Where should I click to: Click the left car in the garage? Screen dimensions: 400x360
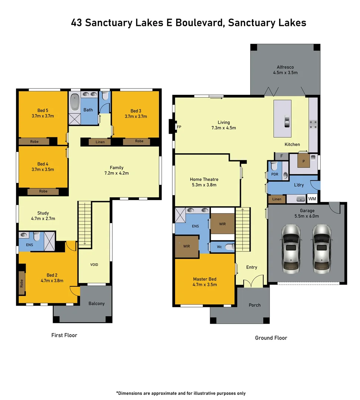pos(290,247)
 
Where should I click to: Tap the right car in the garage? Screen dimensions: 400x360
pos(321,247)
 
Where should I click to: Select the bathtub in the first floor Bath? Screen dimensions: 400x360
pos(75,102)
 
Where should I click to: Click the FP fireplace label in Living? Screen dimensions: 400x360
pos(179,127)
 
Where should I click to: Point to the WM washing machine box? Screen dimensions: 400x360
pos(312,199)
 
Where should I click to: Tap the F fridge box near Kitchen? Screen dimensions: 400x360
pos(281,156)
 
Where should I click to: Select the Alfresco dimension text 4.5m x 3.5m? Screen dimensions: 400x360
pos(285,73)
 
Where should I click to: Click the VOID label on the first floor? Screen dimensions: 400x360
pos(94,264)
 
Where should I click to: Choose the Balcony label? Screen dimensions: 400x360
pos(96,303)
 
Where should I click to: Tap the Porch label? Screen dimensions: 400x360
pos(254,305)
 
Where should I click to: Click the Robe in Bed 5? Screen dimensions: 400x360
pos(34,141)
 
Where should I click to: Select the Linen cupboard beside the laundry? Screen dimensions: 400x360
pos(277,199)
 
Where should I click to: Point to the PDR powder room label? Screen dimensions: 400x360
pos(275,174)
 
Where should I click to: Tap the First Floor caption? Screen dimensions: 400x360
pos(64,335)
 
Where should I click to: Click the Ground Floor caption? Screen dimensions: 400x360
pos(271,338)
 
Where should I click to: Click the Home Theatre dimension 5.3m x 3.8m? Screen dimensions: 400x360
pos(203,185)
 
